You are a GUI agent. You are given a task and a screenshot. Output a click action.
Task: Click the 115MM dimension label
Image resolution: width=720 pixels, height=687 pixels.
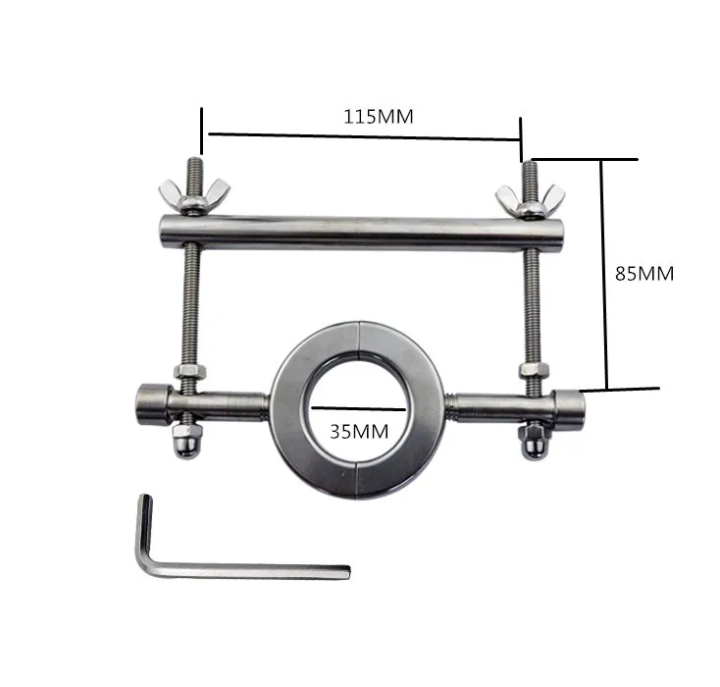pyautogui.click(x=378, y=116)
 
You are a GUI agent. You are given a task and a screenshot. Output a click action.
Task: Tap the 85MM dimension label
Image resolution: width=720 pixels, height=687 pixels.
pyautogui.click(x=643, y=274)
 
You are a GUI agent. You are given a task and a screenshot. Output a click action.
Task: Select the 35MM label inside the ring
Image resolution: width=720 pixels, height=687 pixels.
pyautogui.click(x=359, y=430)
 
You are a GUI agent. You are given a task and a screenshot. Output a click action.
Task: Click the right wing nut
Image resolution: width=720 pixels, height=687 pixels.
pyautogui.click(x=520, y=200)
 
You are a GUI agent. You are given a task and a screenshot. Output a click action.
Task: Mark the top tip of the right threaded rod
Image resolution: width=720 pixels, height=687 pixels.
pyautogui.click(x=531, y=165)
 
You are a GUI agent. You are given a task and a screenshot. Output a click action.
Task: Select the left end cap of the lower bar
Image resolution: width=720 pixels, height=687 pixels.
pyautogui.click(x=147, y=402)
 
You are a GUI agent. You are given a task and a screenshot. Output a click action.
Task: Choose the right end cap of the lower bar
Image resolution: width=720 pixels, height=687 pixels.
pyautogui.click(x=570, y=403)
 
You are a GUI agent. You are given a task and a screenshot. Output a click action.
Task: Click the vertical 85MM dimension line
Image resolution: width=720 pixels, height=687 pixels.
pyautogui.click(x=606, y=275)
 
